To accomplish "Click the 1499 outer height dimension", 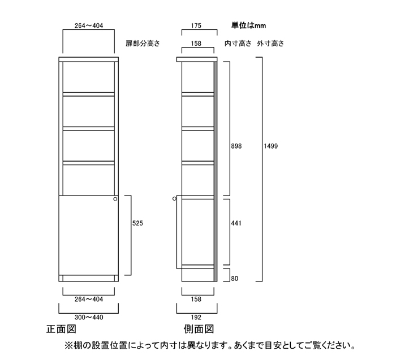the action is click(271, 146).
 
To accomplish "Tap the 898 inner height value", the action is click(236, 146).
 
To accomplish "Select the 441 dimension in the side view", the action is click(236, 223).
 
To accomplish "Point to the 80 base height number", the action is click(235, 279).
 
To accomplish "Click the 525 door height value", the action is click(137, 223).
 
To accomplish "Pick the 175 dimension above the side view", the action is click(196, 26).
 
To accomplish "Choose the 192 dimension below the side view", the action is click(196, 318).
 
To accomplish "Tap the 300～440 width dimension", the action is click(89, 318).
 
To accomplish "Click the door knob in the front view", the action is click(115, 199).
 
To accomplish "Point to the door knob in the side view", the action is click(174, 199).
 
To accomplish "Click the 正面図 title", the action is click(61, 329).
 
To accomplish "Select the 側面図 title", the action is click(199, 329).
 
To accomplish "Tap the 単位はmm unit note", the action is click(248, 25).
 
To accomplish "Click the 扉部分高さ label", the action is click(143, 44).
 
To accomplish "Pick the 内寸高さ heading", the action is click(238, 44).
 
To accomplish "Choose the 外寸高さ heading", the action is click(270, 44).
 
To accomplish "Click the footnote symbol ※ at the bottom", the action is click(68, 345).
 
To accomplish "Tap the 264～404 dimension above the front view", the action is click(89, 26).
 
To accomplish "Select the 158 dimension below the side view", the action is click(196, 299).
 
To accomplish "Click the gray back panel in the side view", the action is click(216, 172).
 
